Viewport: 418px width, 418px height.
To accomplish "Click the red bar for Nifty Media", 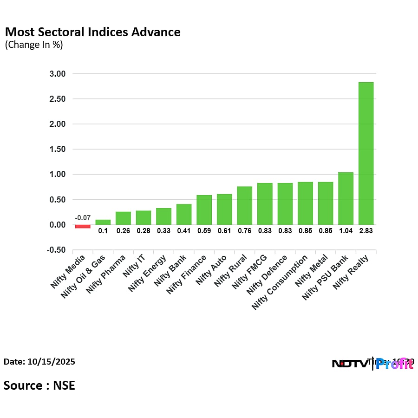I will coord(83,226).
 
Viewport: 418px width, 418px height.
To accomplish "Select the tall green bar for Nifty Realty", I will coord(366,153).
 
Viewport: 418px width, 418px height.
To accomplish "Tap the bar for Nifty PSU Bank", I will coord(346,199).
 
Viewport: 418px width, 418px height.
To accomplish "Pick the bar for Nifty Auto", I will coord(224,209).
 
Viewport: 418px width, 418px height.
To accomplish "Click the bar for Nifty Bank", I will coord(184,214).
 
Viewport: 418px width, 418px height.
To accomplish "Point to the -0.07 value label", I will coord(83,218).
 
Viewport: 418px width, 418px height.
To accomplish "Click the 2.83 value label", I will coord(366,230).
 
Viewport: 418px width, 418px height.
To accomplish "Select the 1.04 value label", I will coord(346,230).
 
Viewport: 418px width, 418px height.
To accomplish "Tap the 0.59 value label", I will coord(204,230).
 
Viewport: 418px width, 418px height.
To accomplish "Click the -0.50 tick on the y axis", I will coord(56,250).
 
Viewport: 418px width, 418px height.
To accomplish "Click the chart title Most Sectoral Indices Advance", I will coord(92,32).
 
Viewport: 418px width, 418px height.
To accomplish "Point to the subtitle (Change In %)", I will coord(33,45).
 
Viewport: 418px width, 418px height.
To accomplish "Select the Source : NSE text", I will coord(39,385).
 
